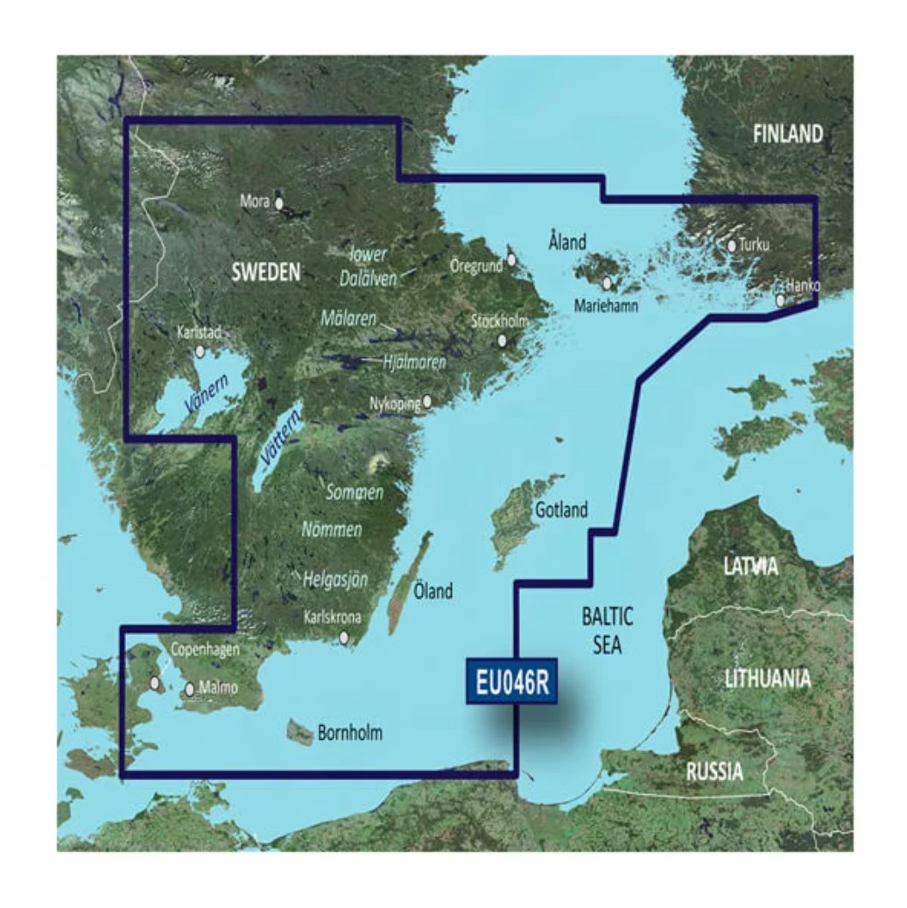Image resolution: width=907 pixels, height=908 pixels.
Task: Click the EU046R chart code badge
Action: tap(514, 681)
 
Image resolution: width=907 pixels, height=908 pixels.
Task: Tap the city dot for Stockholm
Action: tap(503, 341)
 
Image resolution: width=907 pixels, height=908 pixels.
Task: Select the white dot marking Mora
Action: tap(279, 203)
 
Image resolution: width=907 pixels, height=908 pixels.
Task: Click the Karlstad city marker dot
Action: tap(200, 351)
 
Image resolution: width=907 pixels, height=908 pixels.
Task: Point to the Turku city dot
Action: tap(732, 246)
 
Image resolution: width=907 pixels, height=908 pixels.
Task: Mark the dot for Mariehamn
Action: tap(607, 283)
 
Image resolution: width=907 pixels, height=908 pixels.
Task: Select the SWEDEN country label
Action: tap(265, 271)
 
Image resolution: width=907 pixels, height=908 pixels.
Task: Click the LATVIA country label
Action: tap(750, 567)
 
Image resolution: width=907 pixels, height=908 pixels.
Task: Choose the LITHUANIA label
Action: tap(768, 679)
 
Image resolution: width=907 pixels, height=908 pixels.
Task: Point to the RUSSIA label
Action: tap(714, 772)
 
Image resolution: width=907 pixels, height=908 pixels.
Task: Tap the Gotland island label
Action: tap(561, 510)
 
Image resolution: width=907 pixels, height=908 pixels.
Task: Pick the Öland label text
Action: tap(433, 592)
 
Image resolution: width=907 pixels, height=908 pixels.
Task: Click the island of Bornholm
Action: tap(300, 732)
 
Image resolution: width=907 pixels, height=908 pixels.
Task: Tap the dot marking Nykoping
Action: tap(428, 403)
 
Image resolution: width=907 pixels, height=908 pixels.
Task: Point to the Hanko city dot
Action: tap(781, 300)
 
